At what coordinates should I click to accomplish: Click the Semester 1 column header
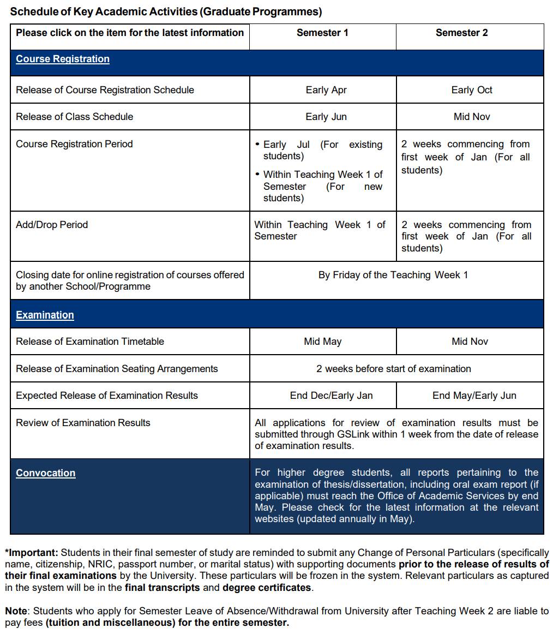[322, 33]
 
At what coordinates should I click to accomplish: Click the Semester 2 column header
[461, 33]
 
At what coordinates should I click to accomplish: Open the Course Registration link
[63, 59]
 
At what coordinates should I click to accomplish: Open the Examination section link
[45, 315]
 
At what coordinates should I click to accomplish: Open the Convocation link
[45, 473]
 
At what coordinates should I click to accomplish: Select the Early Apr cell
[326, 90]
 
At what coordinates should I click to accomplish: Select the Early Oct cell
[472, 90]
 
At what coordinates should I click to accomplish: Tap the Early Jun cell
[326, 117]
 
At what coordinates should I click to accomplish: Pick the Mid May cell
[323, 342]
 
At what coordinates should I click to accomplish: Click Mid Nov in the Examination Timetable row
[470, 342]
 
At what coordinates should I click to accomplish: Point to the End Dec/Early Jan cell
[331, 396]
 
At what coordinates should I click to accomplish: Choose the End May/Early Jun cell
[474, 396]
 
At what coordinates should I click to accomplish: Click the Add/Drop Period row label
[52, 225]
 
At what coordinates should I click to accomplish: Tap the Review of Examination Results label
[83, 423]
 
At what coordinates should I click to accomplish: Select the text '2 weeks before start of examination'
[394, 369]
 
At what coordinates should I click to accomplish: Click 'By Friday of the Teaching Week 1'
[393, 275]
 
